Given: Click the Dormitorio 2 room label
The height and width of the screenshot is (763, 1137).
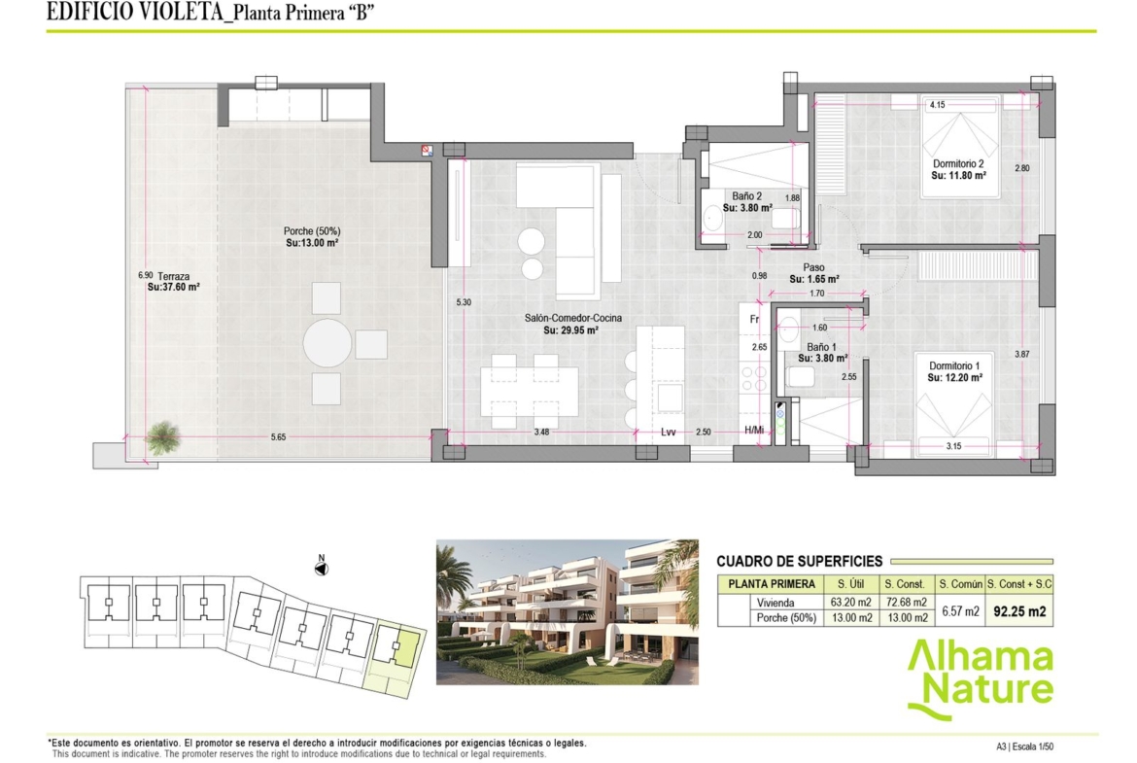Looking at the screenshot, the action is tap(958, 164).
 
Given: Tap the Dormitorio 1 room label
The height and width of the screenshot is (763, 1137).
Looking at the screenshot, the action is tap(954, 365).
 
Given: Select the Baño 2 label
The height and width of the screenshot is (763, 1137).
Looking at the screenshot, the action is tap(746, 195).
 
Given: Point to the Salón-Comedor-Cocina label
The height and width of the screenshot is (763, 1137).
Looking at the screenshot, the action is tap(572, 318).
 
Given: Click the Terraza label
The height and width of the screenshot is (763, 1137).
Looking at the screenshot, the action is tap(173, 276).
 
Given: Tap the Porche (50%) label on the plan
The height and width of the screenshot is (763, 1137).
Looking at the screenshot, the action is tap(312, 231).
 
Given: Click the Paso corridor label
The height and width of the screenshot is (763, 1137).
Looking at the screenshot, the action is tap(813, 267).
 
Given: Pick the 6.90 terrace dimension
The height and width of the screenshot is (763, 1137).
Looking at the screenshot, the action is tap(145, 276).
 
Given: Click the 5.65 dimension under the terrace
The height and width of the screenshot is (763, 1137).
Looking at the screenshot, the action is tap(279, 437).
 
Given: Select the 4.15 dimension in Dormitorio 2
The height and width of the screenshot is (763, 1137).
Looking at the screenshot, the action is tap(938, 105).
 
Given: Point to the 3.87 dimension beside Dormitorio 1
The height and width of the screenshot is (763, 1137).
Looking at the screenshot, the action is tap(1021, 355).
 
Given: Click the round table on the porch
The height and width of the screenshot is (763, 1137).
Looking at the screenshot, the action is tap(327, 342).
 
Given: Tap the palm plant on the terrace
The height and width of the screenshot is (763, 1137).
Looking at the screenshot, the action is tap(162, 437).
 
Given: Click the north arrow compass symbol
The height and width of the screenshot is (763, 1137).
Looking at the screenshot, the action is tap(322, 568).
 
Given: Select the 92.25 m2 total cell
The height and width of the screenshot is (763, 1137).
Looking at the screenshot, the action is tap(1019, 611).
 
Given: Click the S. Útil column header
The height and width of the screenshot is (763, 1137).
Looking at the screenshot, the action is tap(851, 584).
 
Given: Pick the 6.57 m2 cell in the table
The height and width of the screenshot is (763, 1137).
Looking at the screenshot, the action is tap(961, 611).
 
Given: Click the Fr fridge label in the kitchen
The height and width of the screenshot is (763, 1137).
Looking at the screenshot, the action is tap(754, 319).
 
